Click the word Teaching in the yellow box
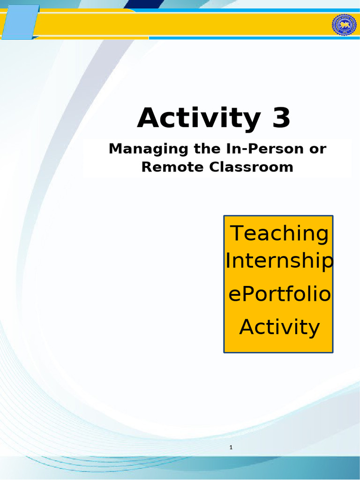tap(279, 233)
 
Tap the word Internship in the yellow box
tap(279, 262)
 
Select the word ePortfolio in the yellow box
tap(279, 295)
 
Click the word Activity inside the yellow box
tap(279, 327)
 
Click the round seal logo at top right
tap(344, 25)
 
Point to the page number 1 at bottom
tap(231, 448)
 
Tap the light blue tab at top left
tap(19, 22)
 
